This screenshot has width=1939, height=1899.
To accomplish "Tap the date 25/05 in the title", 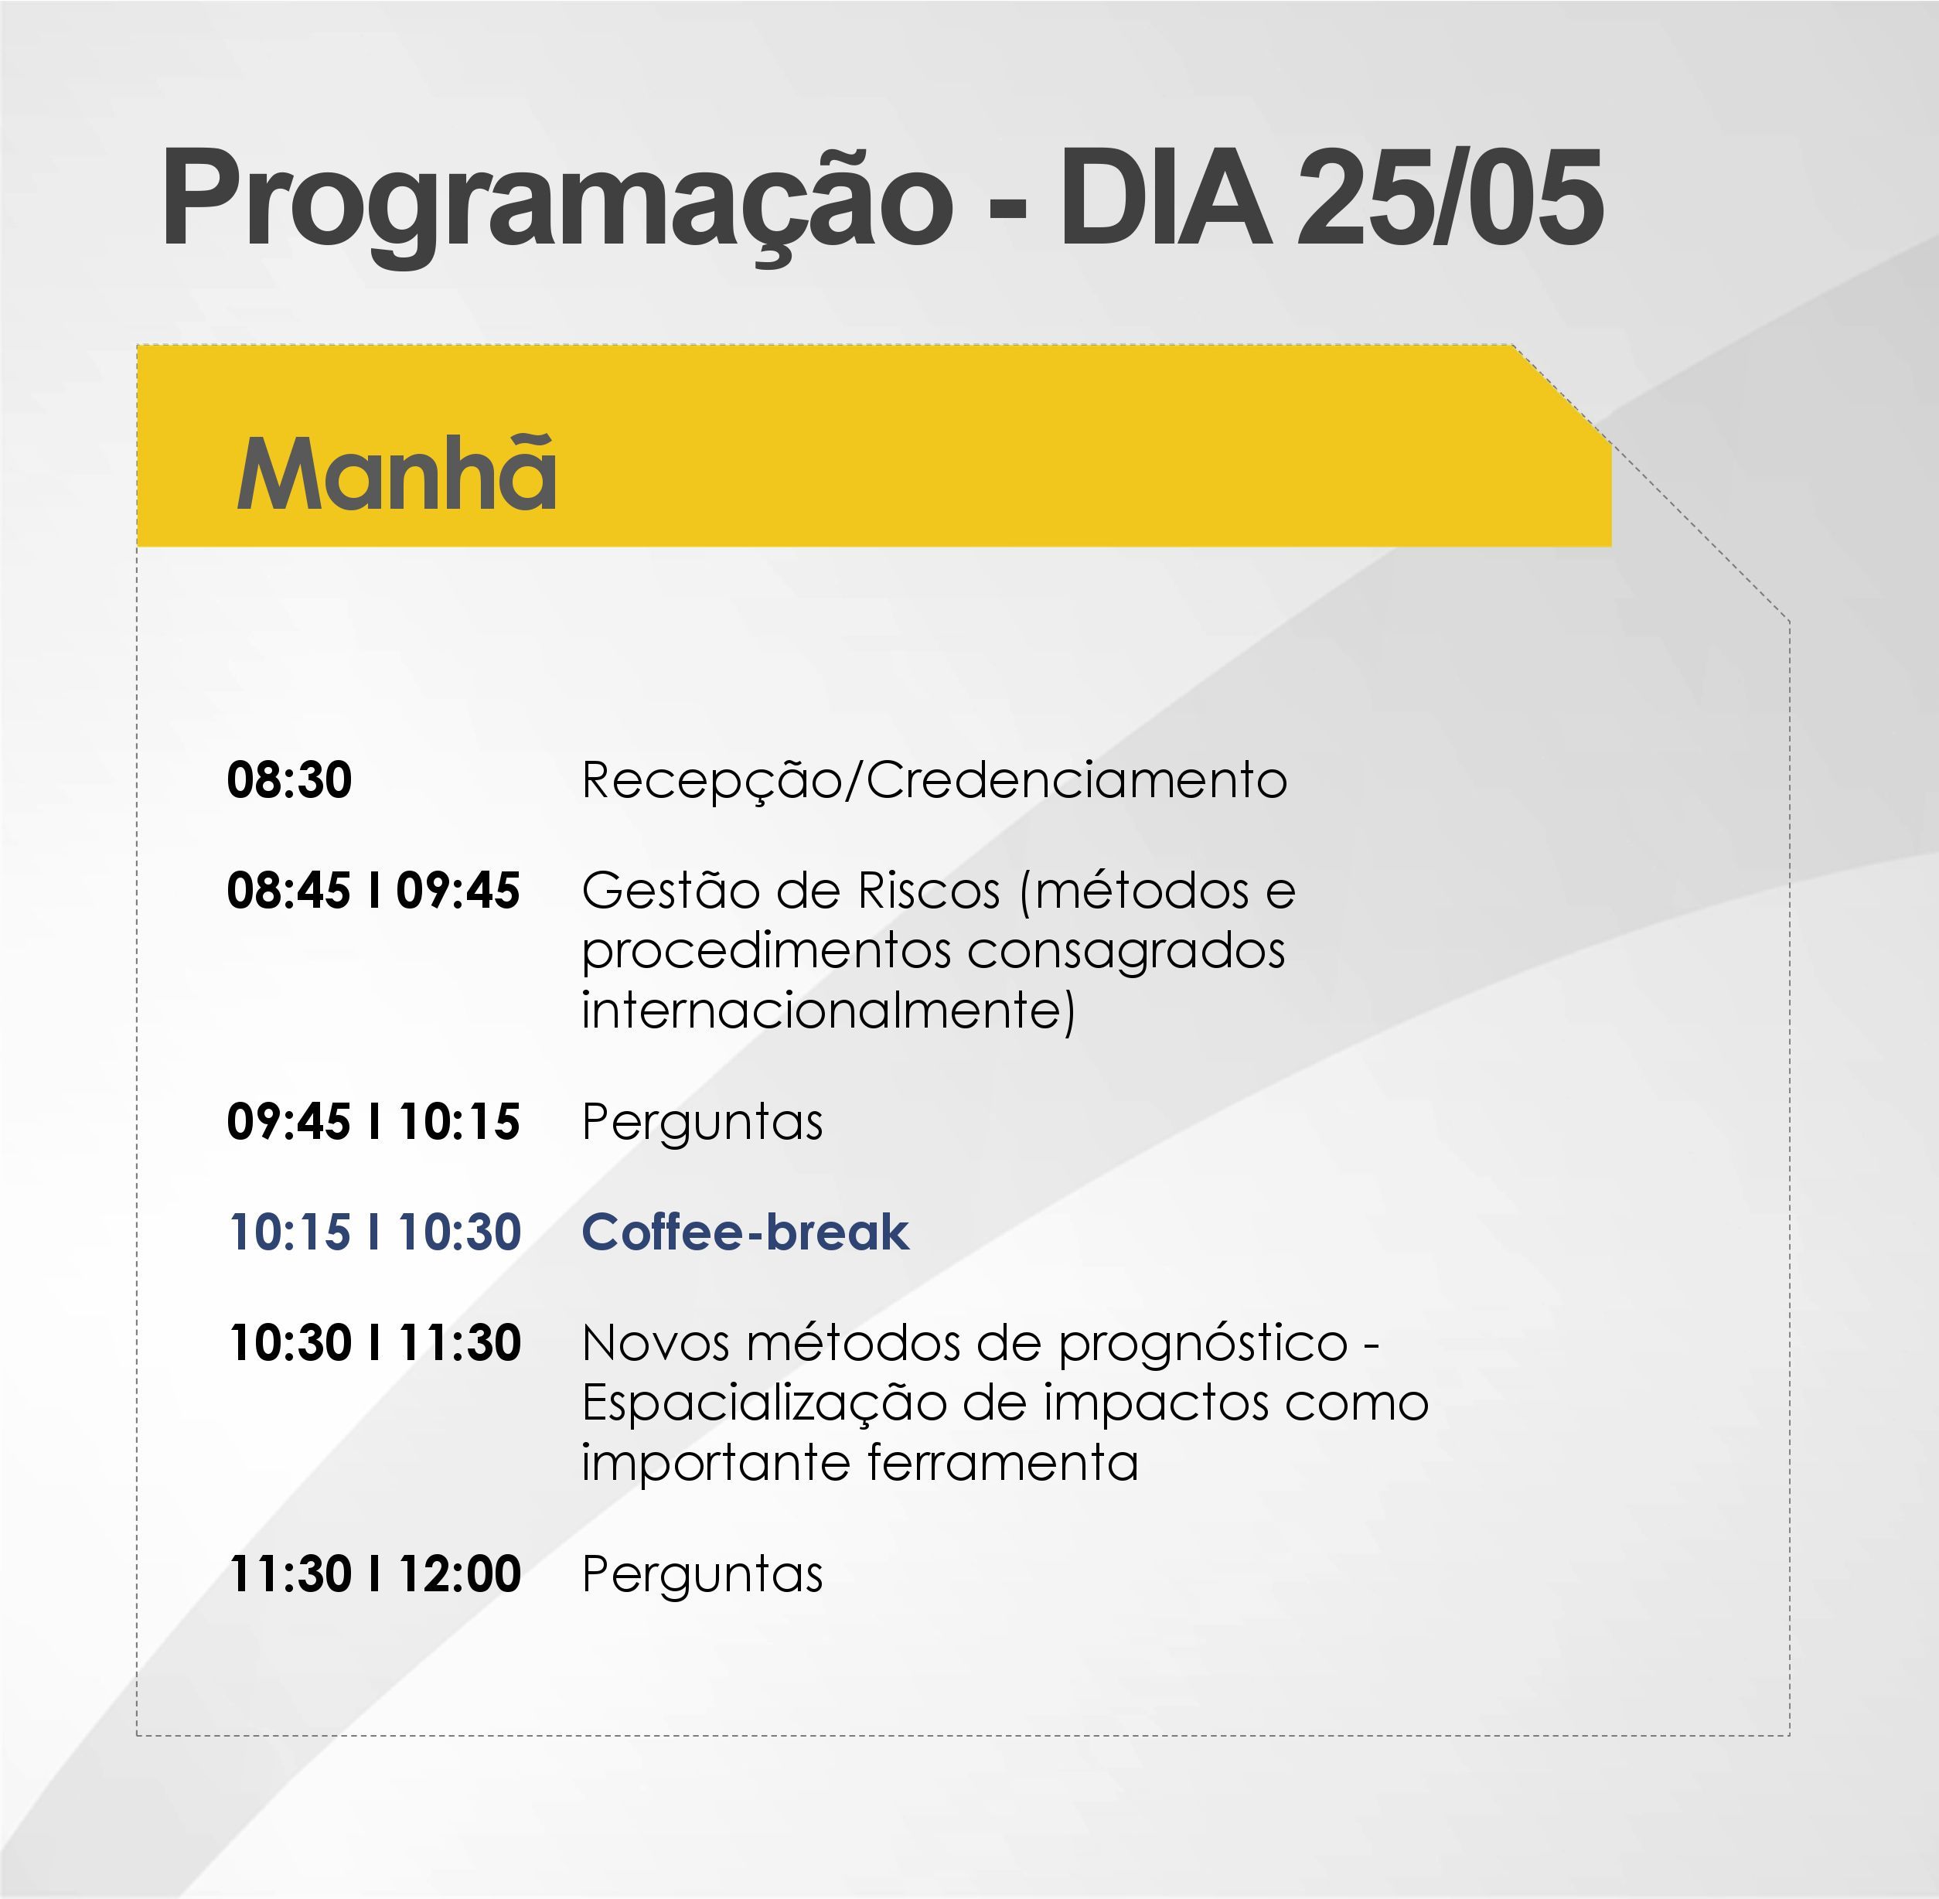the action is pos(1451,196).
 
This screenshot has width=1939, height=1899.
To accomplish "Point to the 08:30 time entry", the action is pos(289,780).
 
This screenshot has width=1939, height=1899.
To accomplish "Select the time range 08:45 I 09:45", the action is pos(373,891).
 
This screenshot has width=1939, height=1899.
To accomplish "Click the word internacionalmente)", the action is pos(828,1011).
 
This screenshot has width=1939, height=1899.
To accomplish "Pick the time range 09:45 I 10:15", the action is pos(373,1122).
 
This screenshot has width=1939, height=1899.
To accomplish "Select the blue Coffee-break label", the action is pos(745,1232).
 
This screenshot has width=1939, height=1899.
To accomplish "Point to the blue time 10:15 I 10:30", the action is pos(375,1232).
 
